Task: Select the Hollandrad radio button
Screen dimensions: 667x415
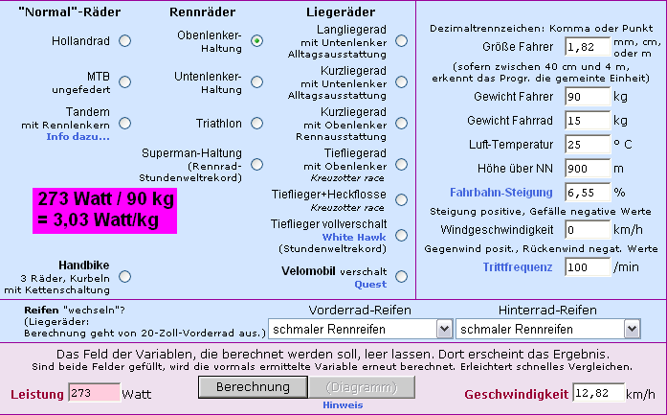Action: point(124,41)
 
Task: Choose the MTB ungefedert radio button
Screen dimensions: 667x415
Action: point(124,81)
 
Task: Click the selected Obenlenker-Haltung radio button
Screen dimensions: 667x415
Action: point(256,41)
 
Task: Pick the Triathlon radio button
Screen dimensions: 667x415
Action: point(256,123)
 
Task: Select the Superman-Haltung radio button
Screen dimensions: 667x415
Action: point(256,165)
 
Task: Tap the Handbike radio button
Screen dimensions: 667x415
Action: point(124,277)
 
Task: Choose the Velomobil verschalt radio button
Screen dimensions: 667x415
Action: point(401,277)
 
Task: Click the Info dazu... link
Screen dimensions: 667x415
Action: point(78,137)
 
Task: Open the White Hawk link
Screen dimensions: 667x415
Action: point(354,238)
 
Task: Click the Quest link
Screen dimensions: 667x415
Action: point(370,285)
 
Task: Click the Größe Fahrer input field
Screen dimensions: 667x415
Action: point(588,46)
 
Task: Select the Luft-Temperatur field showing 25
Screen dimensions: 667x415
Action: point(588,145)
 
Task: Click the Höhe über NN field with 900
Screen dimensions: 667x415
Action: point(588,169)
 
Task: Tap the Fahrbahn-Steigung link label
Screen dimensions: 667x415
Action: point(501,193)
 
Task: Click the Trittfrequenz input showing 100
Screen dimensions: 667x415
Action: point(588,267)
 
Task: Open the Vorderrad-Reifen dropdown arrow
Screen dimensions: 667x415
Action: point(444,329)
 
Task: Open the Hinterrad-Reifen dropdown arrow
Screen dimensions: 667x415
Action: point(633,329)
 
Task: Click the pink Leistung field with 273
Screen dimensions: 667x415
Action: point(94,393)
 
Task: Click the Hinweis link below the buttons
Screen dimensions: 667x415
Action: point(343,405)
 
